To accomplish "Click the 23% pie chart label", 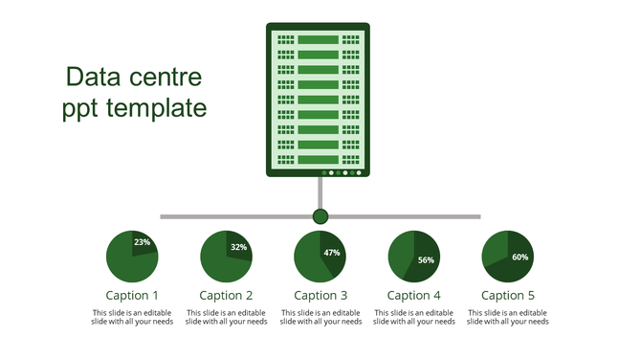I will [x=142, y=242].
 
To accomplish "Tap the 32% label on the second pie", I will [x=238, y=247].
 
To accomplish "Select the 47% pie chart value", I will [x=332, y=253].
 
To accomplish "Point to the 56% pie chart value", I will [x=426, y=259].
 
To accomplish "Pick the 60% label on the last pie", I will [x=519, y=257].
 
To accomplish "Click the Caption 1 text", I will [x=132, y=296].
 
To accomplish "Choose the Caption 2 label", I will [x=226, y=296].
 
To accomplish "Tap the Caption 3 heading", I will [x=320, y=296].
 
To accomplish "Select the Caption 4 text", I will [x=414, y=296].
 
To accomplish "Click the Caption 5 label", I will [x=508, y=296].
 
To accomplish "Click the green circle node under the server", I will [x=320, y=216].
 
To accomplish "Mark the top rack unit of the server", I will [x=319, y=39].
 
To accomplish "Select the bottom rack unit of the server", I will [x=319, y=159].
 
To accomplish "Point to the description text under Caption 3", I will [x=320, y=317].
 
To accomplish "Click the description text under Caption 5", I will [x=508, y=317].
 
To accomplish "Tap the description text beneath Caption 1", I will [x=132, y=317].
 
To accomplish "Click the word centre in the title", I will [x=166, y=77].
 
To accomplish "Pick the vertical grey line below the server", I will [x=320, y=192].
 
